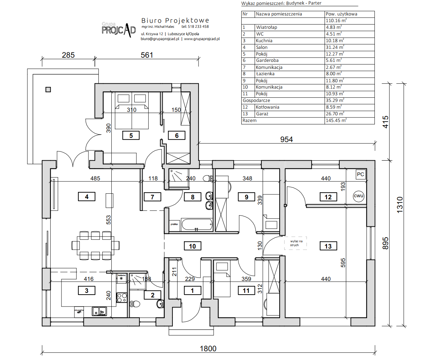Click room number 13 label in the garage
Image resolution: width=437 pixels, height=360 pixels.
click(x=328, y=246)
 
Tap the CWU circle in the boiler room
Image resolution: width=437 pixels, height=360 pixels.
click(x=358, y=196)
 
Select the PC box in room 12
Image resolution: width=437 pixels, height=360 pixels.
click(x=360, y=174)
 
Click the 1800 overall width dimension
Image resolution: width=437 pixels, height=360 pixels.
click(x=208, y=348)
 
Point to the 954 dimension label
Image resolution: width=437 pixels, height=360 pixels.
click(x=286, y=140)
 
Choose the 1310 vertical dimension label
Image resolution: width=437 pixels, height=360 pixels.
click(x=400, y=205)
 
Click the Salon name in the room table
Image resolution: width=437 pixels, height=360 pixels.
click(x=262, y=47)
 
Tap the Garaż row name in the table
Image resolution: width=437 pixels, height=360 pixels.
click(x=262, y=114)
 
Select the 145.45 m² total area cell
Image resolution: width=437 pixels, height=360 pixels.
click(x=336, y=121)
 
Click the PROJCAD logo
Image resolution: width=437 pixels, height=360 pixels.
click(x=118, y=30)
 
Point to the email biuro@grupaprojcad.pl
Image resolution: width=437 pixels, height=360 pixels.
click(x=160, y=39)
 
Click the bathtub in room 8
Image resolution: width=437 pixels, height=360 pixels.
click(x=197, y=224)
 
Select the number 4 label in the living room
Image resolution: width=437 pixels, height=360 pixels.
click(x=86, y=197)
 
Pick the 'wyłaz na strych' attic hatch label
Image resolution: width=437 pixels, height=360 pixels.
click(x=296, y=243)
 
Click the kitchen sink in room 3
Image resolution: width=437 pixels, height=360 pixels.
click(x=99, y=311)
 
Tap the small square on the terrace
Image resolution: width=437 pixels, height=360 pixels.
click(x=48, y=90)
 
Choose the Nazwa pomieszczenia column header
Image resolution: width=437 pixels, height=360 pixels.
click(x=279, y=14)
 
